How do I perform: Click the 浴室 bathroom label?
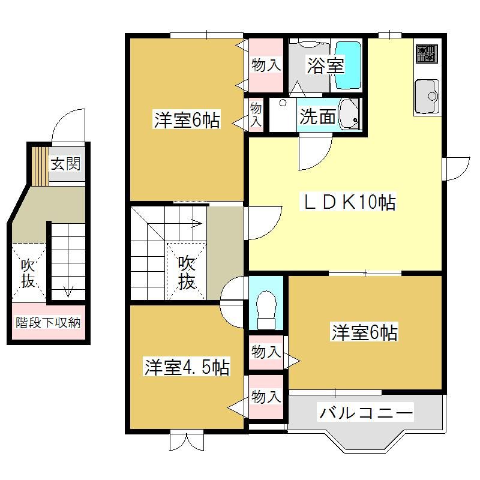[x=326, y=65]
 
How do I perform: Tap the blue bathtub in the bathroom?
[x=348, y=65]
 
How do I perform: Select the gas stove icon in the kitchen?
[x=426, y=53]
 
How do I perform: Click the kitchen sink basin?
[x=427, y=96]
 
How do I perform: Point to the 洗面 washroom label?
[x=317, y=116]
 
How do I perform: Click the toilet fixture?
[x=266, y=310]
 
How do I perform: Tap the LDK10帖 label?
[x=350, y=202]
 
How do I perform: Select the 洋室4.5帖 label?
[x=187, y=367]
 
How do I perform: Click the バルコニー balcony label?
[x=366, y=413]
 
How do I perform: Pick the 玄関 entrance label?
[x=65, y=163]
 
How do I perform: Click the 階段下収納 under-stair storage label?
[x=48, y=322]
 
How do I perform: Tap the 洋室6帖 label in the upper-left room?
[x=187, y=121]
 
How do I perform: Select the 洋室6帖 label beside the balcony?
[x=365, y=332]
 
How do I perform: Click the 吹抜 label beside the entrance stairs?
[x=28, y=274]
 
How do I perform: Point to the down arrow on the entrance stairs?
[x=68, y=291]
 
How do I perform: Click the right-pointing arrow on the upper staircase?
[x=197, y=223]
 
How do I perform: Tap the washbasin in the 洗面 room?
[x=350, y=115]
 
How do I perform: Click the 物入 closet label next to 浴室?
[x=266, y=65]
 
